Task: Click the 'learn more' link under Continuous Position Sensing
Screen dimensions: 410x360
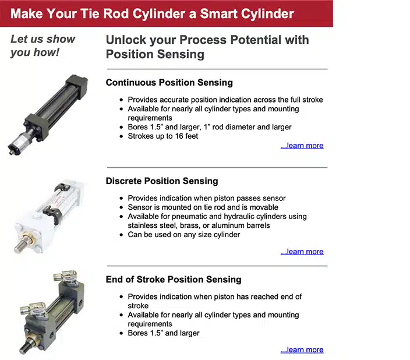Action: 302,146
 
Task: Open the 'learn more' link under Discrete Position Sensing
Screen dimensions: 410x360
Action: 302,252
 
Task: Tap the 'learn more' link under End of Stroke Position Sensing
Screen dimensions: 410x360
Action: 302,350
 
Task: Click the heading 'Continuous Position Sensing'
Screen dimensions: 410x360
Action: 169,82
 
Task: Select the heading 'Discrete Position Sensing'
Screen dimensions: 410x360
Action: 162,181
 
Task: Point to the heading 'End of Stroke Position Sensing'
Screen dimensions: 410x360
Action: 174,280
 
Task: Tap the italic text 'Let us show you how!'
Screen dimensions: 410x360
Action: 43,45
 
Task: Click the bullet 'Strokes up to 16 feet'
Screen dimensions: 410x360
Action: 162,136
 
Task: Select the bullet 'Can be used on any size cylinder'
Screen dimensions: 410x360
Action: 184,234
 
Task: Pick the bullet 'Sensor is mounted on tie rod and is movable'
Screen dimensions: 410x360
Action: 203,207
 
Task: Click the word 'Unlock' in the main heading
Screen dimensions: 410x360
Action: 126,40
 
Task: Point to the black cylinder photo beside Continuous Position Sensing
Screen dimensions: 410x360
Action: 48,115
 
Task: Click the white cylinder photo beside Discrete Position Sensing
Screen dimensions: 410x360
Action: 50,217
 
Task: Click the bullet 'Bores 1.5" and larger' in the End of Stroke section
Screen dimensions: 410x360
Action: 164,333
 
